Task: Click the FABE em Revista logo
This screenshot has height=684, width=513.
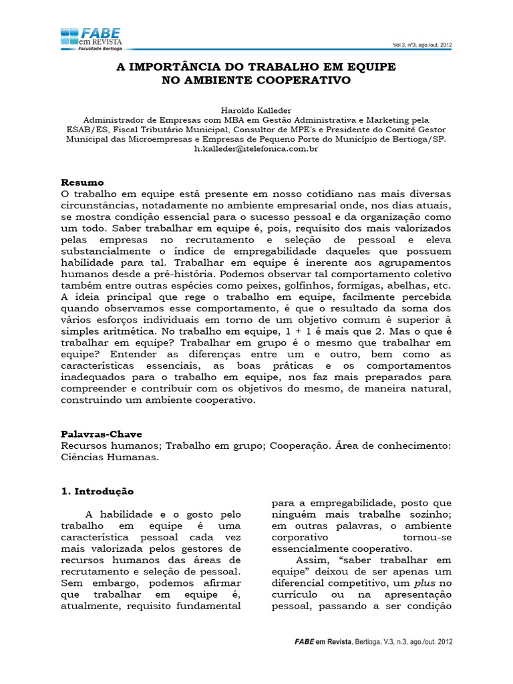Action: (x=91, y=39)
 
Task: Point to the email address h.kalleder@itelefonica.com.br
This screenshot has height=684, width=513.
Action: (x=256, y=149)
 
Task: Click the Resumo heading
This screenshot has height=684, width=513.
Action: (x=83, y=182)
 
